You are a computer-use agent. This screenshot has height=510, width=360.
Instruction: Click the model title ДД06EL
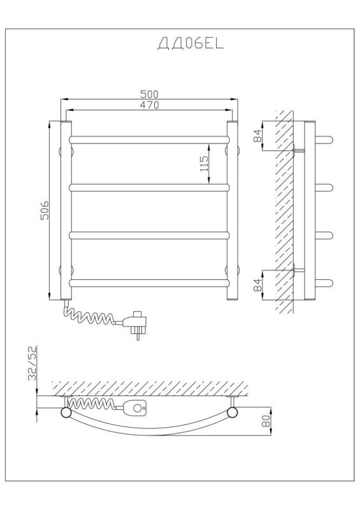tap(191, 43)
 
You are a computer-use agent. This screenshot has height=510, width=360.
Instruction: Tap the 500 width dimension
tap(149, 94)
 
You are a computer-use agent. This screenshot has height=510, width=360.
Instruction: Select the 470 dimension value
tap(149, 105)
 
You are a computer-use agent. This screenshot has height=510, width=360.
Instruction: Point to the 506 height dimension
tap(45, 210)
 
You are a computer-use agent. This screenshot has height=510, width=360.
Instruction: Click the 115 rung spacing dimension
tap(204, 164)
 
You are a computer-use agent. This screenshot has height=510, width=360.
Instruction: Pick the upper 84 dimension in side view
tap(257, 136)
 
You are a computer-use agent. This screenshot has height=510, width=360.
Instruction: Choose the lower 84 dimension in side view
tap(257, 285)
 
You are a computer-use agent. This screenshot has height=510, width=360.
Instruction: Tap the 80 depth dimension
tap(266, 421)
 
